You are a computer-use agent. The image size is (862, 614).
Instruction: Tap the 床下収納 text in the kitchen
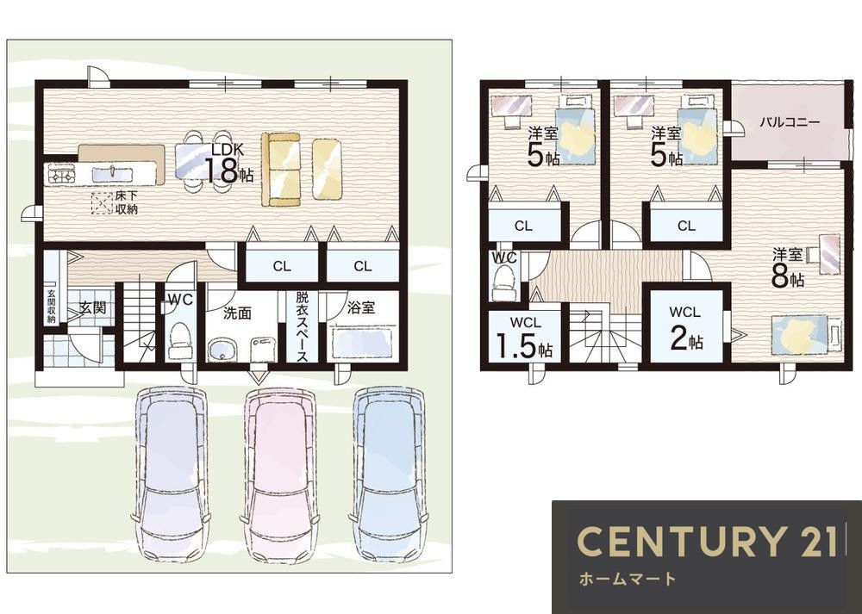126,203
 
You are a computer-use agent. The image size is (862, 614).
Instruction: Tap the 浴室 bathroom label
361,307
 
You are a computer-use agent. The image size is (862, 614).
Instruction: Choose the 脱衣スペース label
302,326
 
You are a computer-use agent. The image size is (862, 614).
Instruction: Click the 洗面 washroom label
237,313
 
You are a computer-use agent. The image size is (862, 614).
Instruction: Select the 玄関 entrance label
92,307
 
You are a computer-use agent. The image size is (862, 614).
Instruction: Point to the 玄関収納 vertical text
51,306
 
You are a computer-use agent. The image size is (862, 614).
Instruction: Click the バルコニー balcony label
790,122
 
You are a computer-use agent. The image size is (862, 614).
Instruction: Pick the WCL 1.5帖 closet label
525,338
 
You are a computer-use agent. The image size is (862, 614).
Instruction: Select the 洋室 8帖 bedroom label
788,268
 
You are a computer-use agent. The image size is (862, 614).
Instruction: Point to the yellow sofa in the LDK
281,169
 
